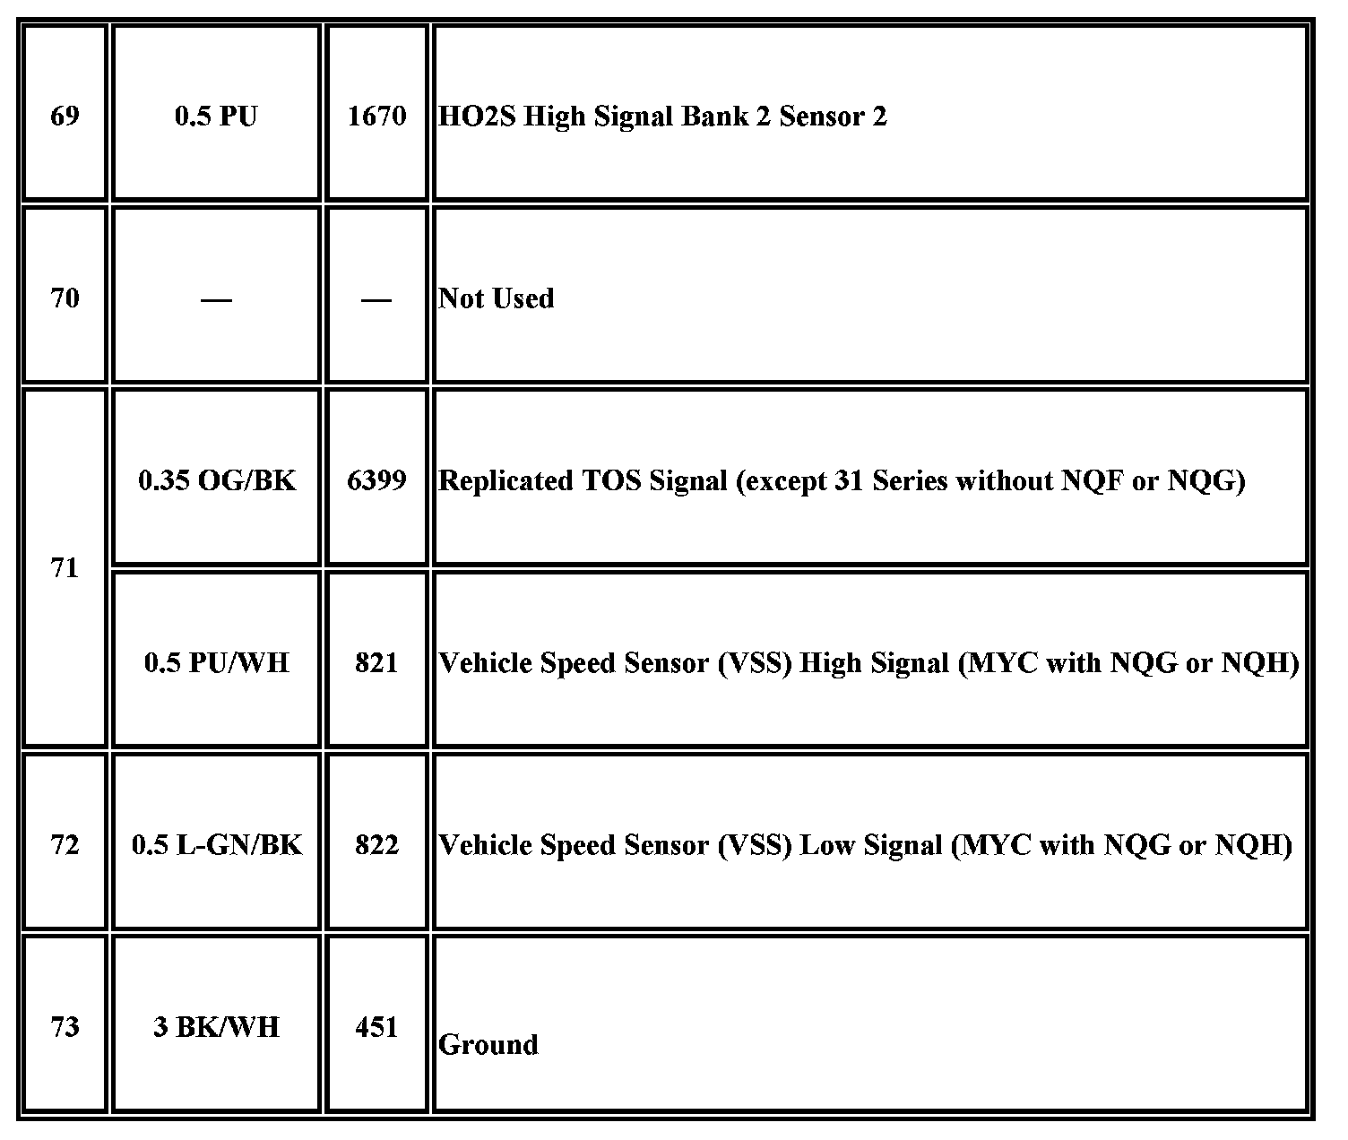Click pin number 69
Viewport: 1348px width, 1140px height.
tap(65, 117)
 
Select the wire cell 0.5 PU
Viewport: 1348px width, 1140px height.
tap(216, 117)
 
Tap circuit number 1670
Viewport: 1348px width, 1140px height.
tap(376, 117)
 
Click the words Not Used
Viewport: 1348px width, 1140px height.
tap(496, 298)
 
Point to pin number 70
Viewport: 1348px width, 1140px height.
tap(65, 298)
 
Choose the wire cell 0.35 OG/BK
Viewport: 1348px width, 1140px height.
tap(216, 481)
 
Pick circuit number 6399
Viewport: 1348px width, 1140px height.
tap(376, 481)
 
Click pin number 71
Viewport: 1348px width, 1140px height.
tap(65, 568)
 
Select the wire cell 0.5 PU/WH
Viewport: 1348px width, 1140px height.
tap(216, 663)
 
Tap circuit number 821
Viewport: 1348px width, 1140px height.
tap(376, 663)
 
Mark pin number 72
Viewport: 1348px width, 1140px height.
tap(65, 845)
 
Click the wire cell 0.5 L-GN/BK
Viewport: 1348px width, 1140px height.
tap(216, 845)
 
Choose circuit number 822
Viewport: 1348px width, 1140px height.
tap(376, 845)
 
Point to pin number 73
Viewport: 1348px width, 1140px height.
tap(65, 1027)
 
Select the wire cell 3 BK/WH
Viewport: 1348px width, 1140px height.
tap(216, 1027)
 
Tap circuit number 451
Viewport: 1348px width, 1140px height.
tap(376, 1027)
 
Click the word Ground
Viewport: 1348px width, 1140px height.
tap(488, 1045)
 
